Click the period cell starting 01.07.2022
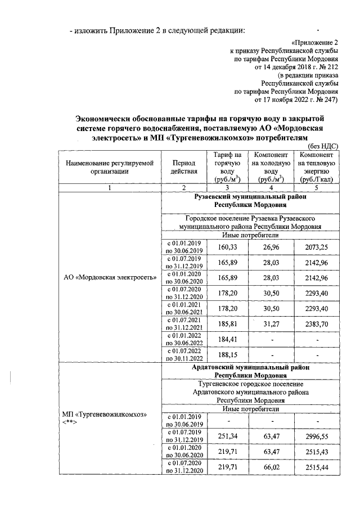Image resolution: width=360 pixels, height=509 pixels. click(184, 355)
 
